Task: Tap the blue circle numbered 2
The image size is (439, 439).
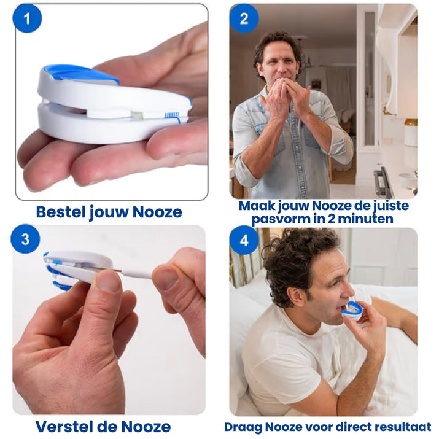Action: coord(244,18)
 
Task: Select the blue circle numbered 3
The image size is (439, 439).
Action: coord(25,239)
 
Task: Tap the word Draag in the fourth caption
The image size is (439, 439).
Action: coord(241,427)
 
